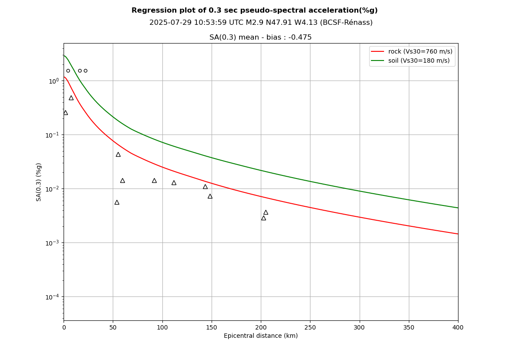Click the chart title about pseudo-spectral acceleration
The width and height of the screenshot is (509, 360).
[254, 10]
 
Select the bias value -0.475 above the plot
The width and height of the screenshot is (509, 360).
[300, 37]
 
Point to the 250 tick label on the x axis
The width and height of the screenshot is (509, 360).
[310, 327]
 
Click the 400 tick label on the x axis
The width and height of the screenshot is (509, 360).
[458, 327]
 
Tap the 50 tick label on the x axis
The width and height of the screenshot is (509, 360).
[113, 327]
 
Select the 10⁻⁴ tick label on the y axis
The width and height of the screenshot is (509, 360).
[52, 297]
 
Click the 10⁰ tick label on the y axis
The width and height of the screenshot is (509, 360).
[54, 81]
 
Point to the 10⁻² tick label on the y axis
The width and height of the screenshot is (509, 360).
[52, 189]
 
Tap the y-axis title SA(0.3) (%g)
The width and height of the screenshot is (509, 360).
[39, 182]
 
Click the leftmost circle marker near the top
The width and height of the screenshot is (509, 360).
[68, 71]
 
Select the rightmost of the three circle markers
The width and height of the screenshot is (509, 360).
[85, 71]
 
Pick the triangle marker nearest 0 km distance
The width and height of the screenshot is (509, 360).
[65, 113]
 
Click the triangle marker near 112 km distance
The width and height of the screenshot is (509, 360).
[174, 183]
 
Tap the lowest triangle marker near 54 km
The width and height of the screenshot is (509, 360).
[117, 202]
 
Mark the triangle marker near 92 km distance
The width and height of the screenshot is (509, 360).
[154, 181]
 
